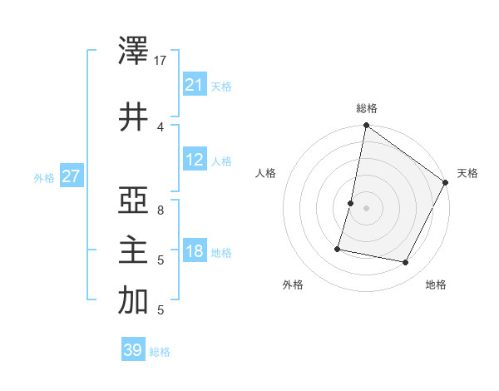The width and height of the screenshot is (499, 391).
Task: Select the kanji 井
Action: [133, 116]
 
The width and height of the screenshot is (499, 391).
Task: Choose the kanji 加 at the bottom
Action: [133, 301]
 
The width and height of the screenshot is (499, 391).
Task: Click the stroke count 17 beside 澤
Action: [161, 60]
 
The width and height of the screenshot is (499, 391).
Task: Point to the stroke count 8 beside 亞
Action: [161, 210]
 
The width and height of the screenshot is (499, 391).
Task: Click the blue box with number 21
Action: [195, 85]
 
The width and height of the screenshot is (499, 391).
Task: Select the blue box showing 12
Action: [195, 160]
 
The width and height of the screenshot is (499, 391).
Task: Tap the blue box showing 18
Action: [195, 251]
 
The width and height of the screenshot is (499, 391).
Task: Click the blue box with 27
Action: [72, 177]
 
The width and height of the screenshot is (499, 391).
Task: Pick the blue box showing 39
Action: [133, 350]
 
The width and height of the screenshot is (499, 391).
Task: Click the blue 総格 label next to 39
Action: [160, 352]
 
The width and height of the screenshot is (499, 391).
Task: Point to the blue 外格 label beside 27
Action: [44, 178]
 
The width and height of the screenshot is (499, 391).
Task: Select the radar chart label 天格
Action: [467, 173]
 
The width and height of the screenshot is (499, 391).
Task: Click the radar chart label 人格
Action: [266, 173]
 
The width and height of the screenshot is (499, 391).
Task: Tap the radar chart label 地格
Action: [436, 285]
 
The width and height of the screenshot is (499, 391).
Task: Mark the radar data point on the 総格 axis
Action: [366, 126]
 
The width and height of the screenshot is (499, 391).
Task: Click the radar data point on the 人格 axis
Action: [351, 203]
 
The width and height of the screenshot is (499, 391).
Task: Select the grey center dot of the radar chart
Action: [366, 208]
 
